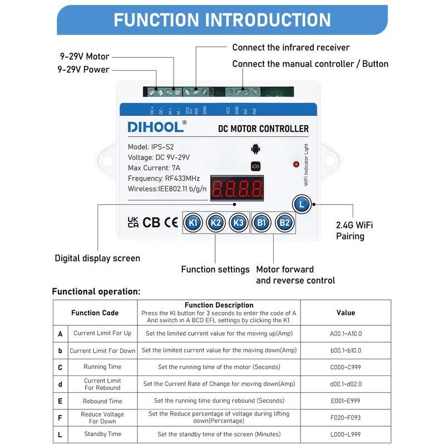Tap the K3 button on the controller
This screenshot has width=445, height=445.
click(x=239, y=222)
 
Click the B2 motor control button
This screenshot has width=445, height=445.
click(x=285, y=222)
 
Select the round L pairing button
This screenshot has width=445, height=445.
click(x=301, y=204)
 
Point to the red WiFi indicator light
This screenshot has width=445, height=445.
click(x=295, y=164)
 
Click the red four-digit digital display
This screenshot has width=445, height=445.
click(x=236, y=190)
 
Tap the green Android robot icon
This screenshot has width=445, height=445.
click(x=255, y=149)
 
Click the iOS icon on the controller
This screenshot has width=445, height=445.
click(x=255, y=166)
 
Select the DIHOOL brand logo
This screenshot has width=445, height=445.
click(x=157, y=127)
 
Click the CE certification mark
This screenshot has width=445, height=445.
click(x=171, y=222)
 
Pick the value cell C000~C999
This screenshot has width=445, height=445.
click(x=345, y=367)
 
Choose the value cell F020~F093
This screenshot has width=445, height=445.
click(x=345, y=417)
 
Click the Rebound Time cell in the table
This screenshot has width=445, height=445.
click(x=102, y=400)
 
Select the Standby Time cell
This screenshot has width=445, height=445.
click(x=102, y=434)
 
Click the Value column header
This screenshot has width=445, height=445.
click(x=345, y=313)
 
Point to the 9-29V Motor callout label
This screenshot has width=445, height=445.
click(x=85, y=57)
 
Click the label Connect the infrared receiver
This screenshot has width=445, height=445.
click(x=290, y=48)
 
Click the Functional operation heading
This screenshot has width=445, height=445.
click(x=96, y=291)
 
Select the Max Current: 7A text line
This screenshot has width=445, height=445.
click(x=154, y=167)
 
